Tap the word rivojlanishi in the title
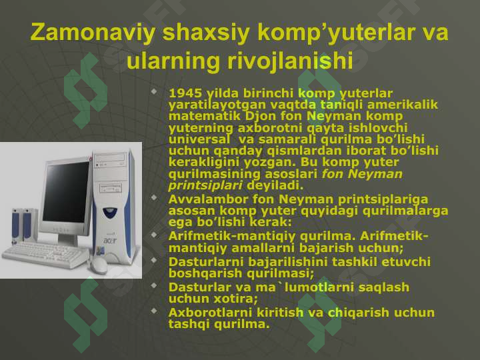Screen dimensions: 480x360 coord(290,61)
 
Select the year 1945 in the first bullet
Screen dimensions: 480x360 coord(185,93)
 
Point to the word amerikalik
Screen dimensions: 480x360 coord(403,105)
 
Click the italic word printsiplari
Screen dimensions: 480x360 coord(205,185)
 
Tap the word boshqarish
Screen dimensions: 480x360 coord(205,273)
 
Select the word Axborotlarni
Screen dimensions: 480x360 coord(210,313)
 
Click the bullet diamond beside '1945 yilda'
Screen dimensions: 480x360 coord(154,91)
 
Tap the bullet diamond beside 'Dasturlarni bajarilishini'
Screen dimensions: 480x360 coord(154,260)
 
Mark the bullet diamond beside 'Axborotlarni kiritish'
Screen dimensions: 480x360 coord(154,311)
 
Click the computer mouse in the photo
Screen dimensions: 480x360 coord(98,265)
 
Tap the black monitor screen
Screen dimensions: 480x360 coord(65,192)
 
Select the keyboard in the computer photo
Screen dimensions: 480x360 coord(45,254)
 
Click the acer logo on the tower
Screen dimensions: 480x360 coord(110,241)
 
